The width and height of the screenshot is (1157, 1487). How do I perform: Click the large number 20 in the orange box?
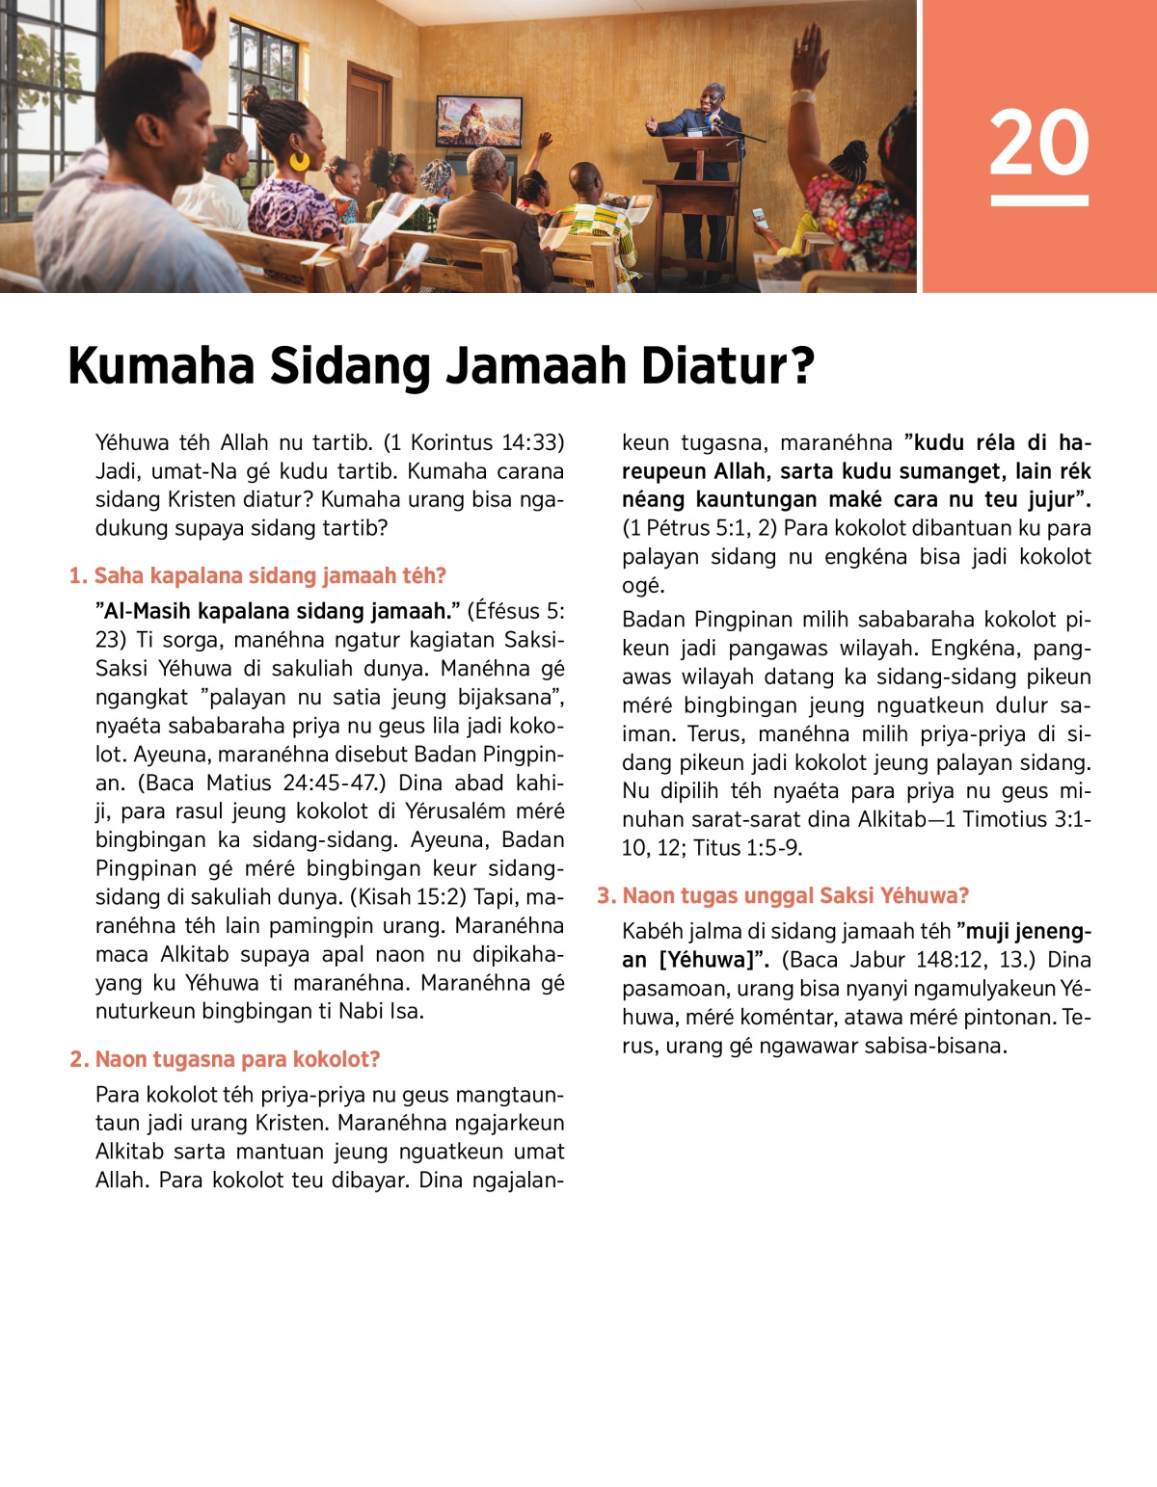click(x=1038, y=143)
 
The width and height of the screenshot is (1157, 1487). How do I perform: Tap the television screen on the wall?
click(x=479, y=121)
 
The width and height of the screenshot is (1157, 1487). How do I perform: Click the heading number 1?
click(x=77, y=576)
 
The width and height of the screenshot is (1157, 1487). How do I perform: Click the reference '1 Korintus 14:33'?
click(x=473, y=443)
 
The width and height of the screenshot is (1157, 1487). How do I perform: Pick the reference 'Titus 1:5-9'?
click(x=746, y=848)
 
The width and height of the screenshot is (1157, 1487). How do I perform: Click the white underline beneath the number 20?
click(x=1038, y=200)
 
